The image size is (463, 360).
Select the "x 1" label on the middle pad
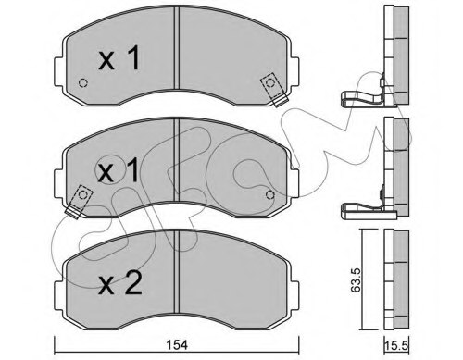click(x=118, y=170)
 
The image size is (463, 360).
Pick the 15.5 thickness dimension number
click(x=396, y=345)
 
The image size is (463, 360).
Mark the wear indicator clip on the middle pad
click(x=80, y=197)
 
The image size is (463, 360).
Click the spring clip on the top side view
click(x=363, y=98)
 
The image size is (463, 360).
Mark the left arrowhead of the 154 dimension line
click(x=57, y=350)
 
